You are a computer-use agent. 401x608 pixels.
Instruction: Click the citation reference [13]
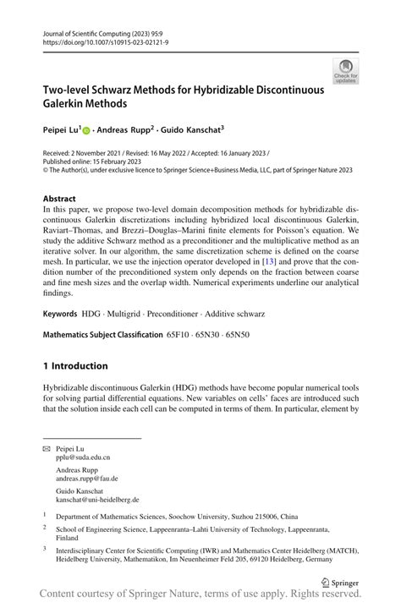tap(270, 261)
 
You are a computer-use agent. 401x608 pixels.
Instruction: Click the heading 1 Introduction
tap(75, 366)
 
